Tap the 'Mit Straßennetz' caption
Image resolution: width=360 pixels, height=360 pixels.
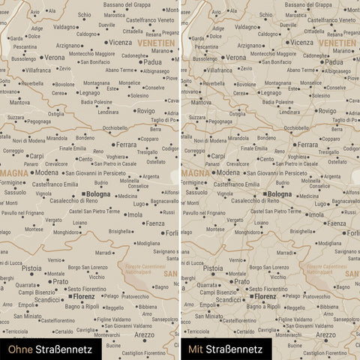click(x=225, y=349)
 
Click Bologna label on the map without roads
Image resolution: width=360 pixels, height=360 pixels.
click(x=97, y=194)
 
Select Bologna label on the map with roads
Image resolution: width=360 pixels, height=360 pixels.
click(x=280, y=194)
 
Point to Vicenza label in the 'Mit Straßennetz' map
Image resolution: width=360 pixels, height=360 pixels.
click(x=302, y=43)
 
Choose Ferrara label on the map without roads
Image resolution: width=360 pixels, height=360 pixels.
click(x=126, y=144)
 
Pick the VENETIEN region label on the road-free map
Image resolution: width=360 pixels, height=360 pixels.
click(x=157, y=43)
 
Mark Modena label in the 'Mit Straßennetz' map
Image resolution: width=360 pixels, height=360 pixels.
click(x=229, y=172)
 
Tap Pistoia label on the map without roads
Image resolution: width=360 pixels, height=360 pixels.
click(x=31, y=268)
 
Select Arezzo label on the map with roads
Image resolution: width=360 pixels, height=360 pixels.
click(x=326, y=334)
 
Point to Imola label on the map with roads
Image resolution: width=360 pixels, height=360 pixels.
click(x=316, y=214)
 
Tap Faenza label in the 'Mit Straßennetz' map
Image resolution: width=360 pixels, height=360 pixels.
click(x=336, y=223)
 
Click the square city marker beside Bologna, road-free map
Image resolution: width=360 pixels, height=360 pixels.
click(x=82, y=194)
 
